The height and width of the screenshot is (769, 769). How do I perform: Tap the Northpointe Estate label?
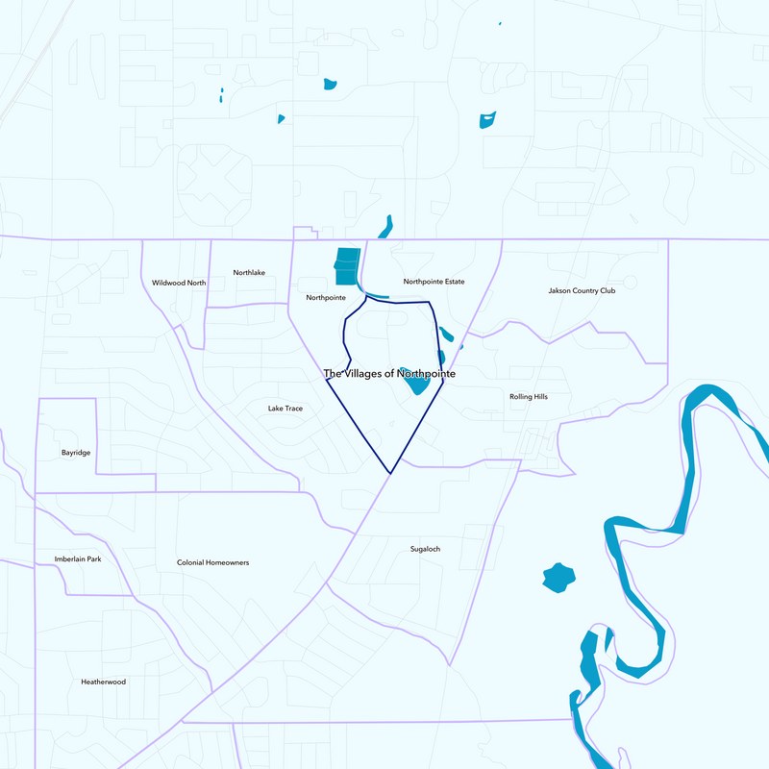click(x=434, y=282)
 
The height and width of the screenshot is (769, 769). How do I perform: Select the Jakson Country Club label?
click(x=582, y=290)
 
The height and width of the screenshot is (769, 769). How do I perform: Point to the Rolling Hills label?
click(x=528, y=396)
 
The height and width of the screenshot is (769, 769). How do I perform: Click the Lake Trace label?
click(x=285, y=409)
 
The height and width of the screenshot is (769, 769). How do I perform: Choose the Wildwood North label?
click(x=179, y=283)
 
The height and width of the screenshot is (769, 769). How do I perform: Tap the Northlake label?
click(x=249, y=273)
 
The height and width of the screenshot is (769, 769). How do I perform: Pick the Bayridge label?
click(x=75, y=452)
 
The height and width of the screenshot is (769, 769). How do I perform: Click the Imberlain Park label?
click(x=78, y=558)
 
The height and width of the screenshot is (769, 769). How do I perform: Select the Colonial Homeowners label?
click(x=212, y=562)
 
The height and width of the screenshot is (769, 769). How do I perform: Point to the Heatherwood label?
click(x=103, y=682)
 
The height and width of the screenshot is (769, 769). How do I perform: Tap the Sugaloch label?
click(x=425, y=549)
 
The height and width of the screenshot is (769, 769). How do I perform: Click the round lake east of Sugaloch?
click(x=558, y=578)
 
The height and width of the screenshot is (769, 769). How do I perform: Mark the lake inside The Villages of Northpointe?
click(x=417, y=384)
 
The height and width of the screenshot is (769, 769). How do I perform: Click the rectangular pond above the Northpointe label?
click(x=347, y=266)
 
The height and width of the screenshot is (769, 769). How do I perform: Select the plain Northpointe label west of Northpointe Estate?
click(x=326, y=298)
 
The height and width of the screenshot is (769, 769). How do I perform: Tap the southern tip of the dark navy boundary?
click(x=390, y=472)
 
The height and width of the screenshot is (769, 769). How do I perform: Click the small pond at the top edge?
click(x=500, y=23)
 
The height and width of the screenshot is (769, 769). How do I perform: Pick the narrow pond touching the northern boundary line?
click(x=386, y=227)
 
